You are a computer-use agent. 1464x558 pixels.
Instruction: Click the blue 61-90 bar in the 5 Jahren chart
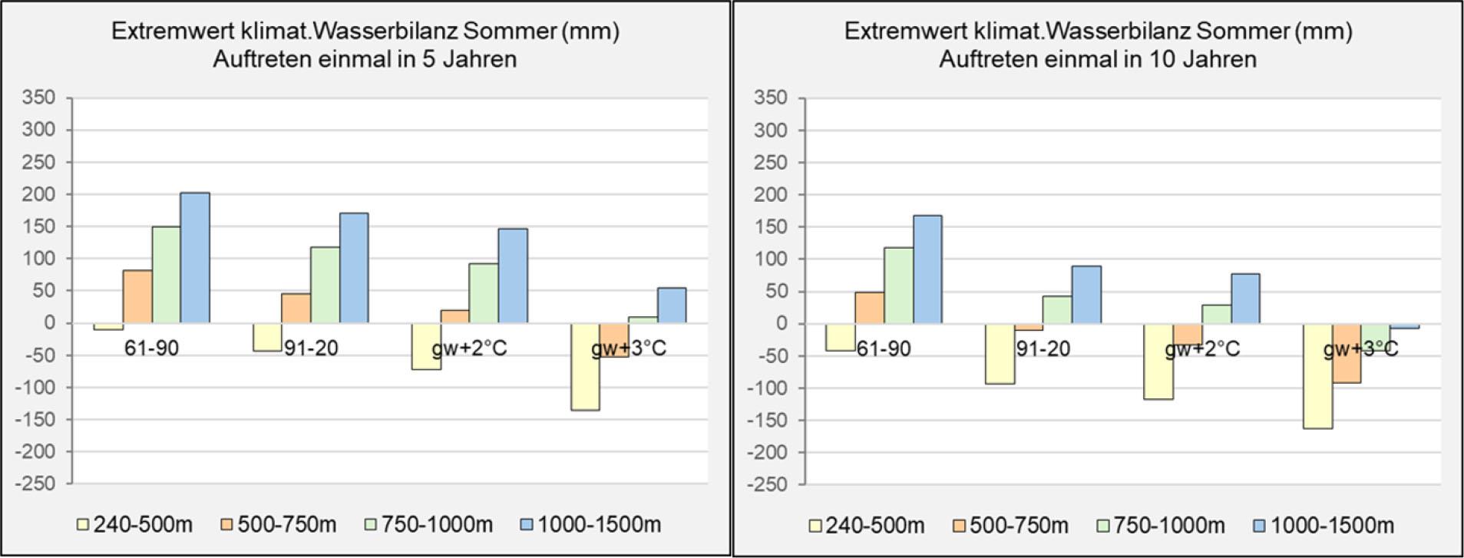pos(195,257)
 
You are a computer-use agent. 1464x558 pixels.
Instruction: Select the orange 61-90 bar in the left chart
pos(137,296)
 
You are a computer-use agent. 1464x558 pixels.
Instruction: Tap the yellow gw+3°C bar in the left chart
pos(585,366)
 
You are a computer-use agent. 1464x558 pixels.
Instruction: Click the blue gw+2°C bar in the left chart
pos(512,276)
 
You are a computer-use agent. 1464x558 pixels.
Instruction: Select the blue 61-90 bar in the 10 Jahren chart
pos(927,269)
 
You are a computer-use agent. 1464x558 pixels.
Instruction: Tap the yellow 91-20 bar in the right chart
pos(1000,353)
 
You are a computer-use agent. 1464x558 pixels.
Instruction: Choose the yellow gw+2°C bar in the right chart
pos(1158,362)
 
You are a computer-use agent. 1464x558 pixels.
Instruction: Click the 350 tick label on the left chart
pos(39,97)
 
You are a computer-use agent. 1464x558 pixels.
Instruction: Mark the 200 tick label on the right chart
pos(772,195)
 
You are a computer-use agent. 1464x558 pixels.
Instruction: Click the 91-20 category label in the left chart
pos(311,348)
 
